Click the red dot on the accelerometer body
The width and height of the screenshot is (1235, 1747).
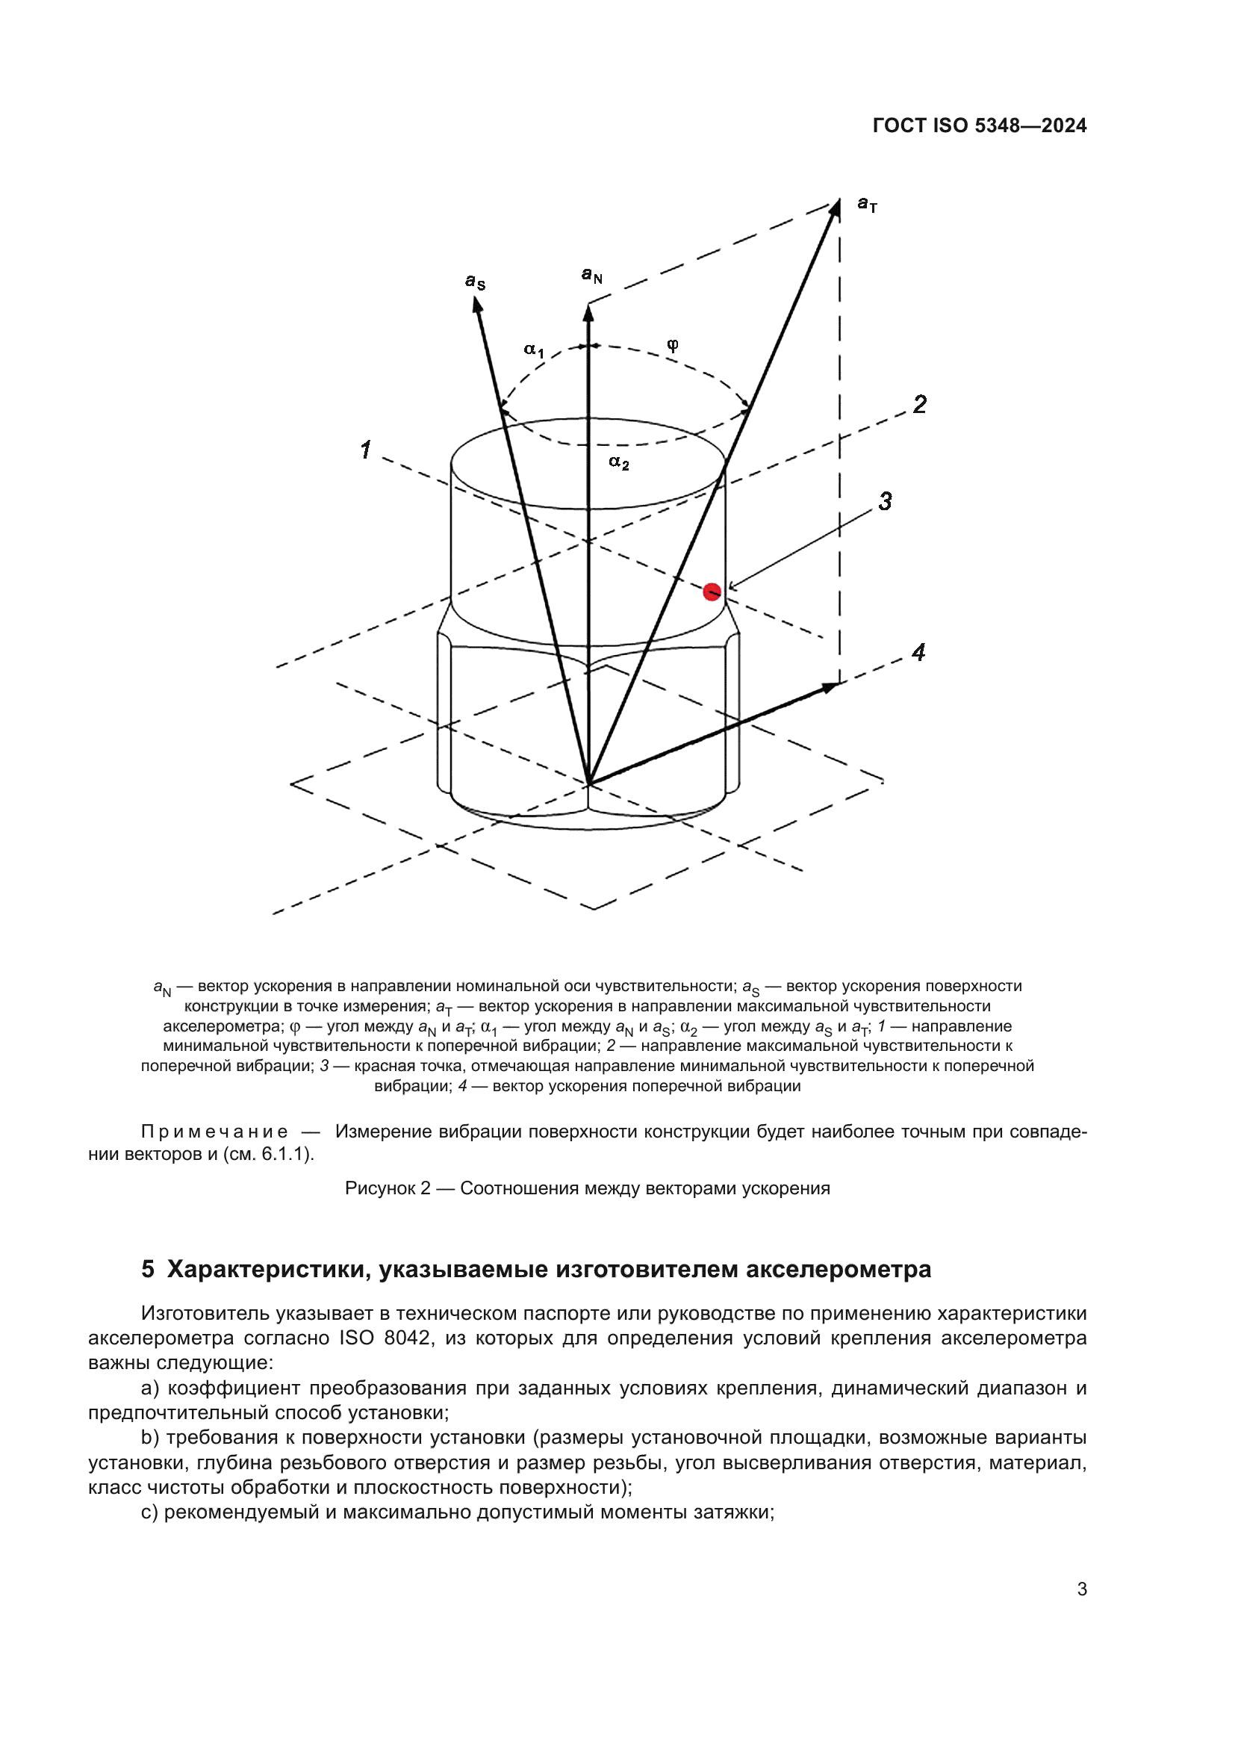coord(712,592)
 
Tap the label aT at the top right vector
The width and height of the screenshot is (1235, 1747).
coord(867,204)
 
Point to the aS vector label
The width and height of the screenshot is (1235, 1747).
coord(476,282)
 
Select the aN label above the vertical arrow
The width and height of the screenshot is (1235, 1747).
coord(591,275)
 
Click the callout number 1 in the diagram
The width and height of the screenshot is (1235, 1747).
coord(366,450)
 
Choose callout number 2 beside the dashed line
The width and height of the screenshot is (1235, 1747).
coord(919,404)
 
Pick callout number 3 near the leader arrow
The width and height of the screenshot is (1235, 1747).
coord(886,501)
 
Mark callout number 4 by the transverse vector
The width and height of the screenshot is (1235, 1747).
coord(918,652)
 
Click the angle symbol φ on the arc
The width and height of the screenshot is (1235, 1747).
coord(672,344)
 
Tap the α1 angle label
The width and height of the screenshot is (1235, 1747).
coord(534,350)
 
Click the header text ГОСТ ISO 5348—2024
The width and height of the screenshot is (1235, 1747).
coord(980,125)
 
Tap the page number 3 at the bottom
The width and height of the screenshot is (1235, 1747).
coord(1081,1589)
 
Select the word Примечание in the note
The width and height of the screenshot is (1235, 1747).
coord(214,1132)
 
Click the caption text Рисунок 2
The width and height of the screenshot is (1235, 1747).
coord(388,1188)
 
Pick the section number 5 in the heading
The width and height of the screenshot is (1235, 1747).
coord(148,1269)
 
